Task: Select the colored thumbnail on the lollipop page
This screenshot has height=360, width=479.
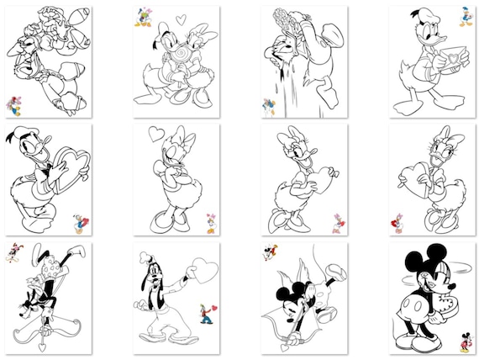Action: pyautogui.click(x=141, y=16)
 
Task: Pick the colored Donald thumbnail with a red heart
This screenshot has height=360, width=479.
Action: pyautogui.click(x=79, y=222)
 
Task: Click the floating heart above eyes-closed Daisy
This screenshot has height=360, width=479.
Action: pyautogui.click(x=156, y=133)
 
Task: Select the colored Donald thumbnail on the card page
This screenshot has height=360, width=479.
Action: pyautogui.click(x=465, y=17)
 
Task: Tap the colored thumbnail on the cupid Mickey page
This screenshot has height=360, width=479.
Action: pyautogui.click(x=270, y=251)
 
